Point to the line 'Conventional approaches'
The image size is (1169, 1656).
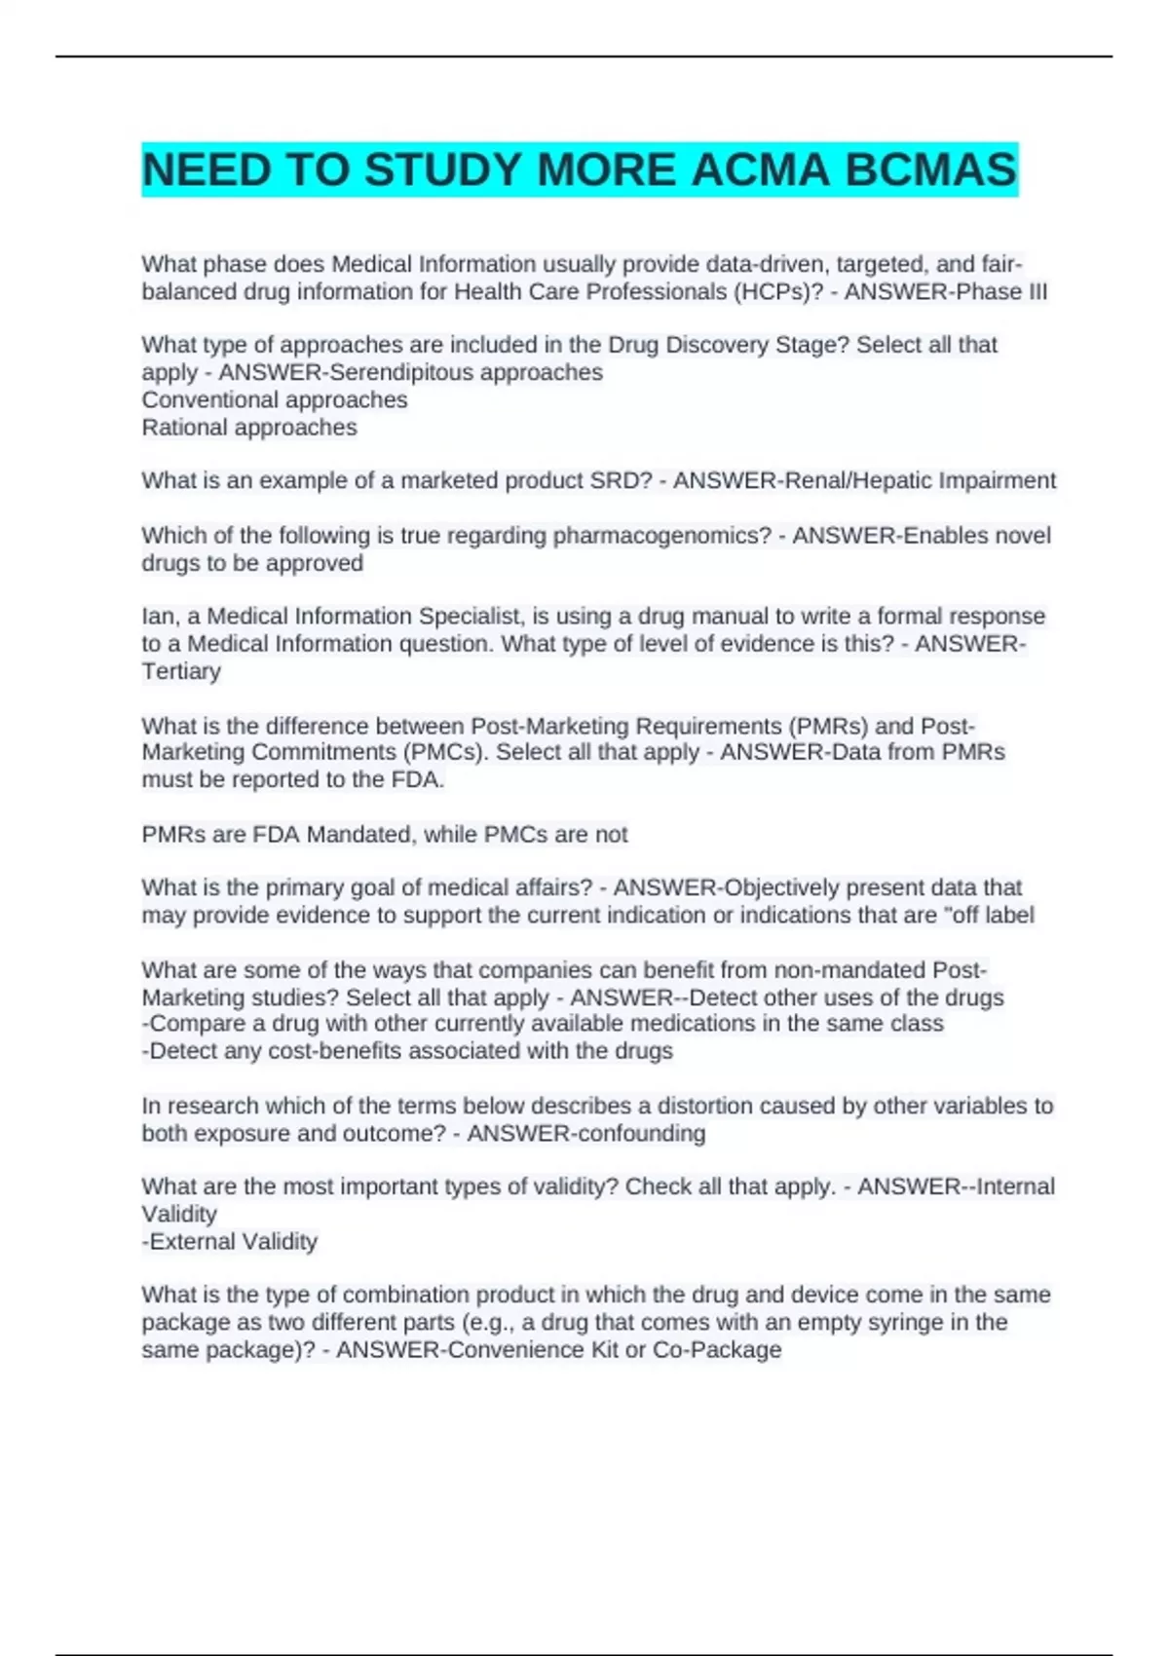point(275,399)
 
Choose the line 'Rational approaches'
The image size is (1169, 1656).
point(249,428)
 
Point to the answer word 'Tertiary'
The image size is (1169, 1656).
point(181,671)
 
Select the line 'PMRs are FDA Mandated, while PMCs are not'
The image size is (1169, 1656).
point(385,835)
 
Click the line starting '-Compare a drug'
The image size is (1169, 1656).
point(543,1024)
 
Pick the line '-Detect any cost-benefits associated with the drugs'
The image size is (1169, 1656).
point(407,1051)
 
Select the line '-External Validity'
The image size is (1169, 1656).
point(230,1242)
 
